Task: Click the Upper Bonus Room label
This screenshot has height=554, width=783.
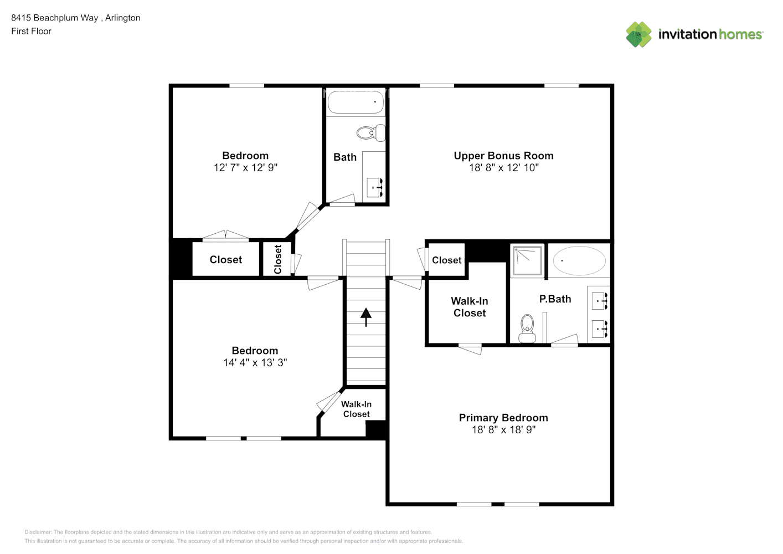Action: coord(503,156)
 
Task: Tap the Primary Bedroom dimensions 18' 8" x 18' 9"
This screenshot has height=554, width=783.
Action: coord(503,430)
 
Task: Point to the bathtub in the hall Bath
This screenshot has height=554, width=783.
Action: coord(356,102)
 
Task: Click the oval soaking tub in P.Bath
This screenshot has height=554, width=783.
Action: coord(579,260)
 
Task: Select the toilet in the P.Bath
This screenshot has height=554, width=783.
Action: coord(527,328)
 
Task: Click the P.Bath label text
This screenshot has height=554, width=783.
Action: coord(555,299)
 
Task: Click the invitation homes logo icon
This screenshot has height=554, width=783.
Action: coord(638,34)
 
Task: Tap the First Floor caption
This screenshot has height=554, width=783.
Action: coord(31,31)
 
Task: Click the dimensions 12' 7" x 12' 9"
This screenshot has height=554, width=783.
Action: coord(245,167)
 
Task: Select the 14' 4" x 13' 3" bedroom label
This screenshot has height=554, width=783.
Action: coord(255,362)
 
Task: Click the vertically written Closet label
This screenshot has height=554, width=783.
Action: coord(278,259)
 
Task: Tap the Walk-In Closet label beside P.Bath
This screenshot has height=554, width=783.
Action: coord(470,307)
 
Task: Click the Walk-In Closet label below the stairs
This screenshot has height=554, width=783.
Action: coord(356,409)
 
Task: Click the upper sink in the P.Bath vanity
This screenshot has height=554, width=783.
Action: coord(600,302)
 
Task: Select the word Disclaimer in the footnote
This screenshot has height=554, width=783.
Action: coord(38,532)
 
